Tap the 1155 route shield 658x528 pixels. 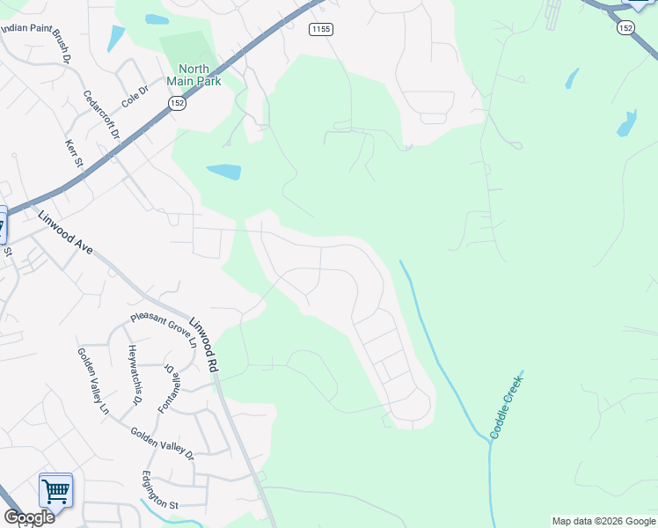321,29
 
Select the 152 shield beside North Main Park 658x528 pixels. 176,103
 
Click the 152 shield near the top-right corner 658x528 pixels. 625,28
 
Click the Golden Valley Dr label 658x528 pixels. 162,443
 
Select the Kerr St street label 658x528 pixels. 73,155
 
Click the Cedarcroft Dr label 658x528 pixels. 102,114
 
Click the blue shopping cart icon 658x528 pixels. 55,491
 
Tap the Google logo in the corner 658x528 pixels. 29,517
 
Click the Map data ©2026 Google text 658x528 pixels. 603,521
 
